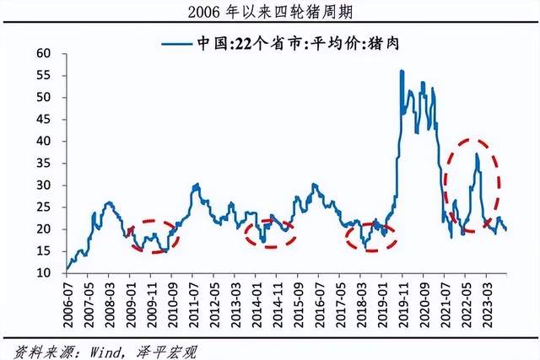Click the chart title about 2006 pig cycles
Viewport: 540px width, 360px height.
tap(269, 11)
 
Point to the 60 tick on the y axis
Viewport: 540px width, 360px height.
tap(43, 54)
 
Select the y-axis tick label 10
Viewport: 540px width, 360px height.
tap(43, 273)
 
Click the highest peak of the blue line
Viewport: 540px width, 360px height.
tap(402, 71)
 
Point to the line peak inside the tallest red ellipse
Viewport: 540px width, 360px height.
tap(477, 153)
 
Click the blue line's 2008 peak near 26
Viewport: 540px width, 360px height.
tap(110, 202)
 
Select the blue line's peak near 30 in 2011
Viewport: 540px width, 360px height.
tap(197, 184)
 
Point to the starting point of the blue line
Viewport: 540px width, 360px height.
tap(67, 270)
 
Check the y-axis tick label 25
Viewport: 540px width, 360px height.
tap(43, 185)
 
